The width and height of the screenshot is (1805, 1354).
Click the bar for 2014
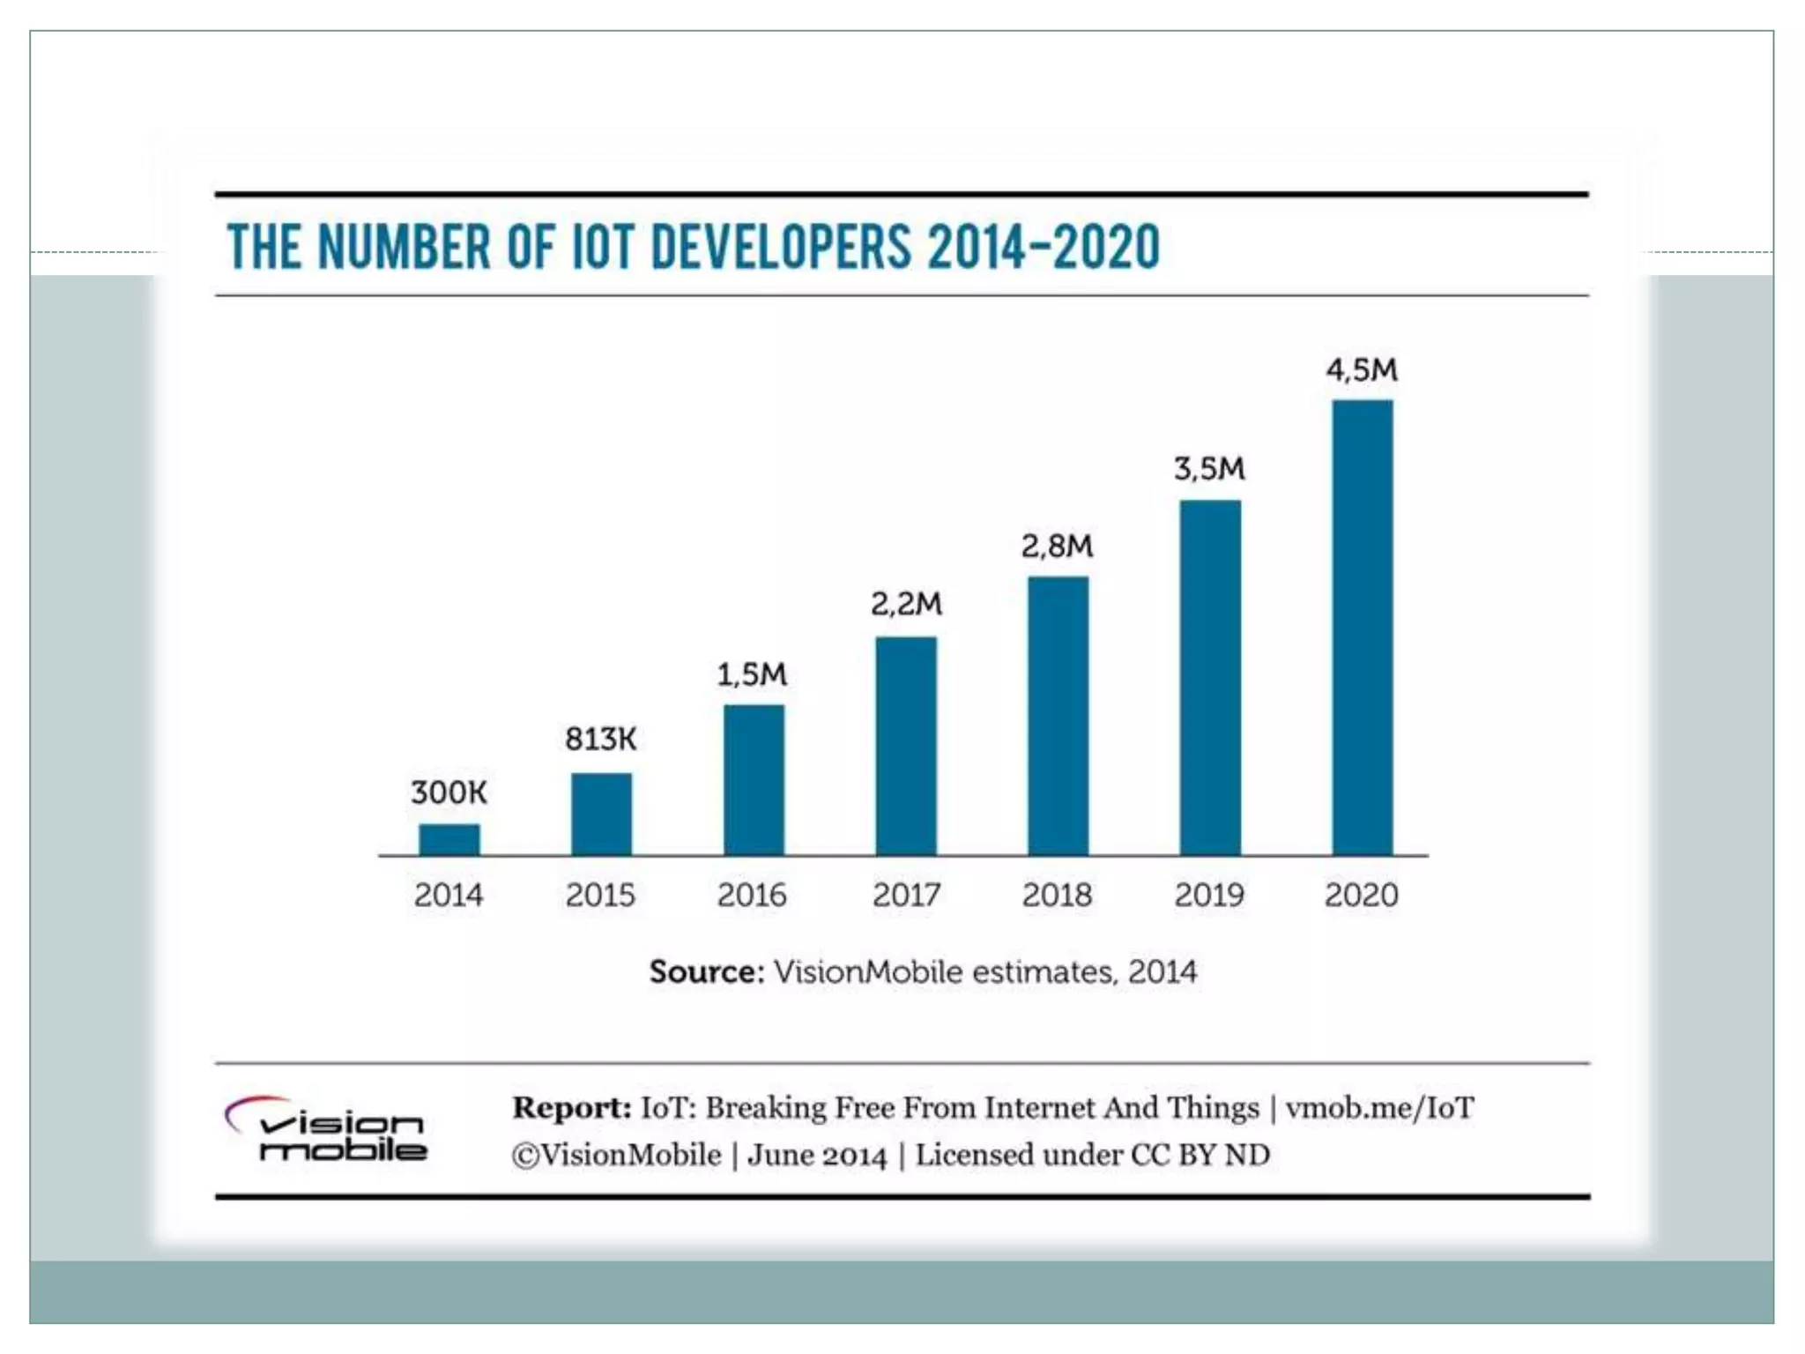click(x=449, y=839)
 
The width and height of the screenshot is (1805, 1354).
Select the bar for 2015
click(x=601, y=814)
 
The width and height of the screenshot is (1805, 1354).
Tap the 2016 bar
click(x=754, y=779)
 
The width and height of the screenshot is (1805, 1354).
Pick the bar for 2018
click(x=1058, y=715)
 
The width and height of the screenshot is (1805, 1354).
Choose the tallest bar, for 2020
click(x=1362, y=627)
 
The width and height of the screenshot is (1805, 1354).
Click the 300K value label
click(x=449, y=792)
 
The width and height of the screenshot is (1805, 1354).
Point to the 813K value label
click(x=600, y=739)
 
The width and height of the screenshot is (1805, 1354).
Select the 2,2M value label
click(x=906, y=604)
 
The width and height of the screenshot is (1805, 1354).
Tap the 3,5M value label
click(x=1209, y=469)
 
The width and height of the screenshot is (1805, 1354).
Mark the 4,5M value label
click(x=1362, y=370)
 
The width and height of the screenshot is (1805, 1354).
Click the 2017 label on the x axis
click(x=906, y=896)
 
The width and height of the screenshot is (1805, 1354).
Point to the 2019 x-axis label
click(x=1209, y=896)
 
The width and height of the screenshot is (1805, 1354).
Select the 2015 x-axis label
click(x=600, y=896)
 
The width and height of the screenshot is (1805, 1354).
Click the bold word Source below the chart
click(x=706, y=972)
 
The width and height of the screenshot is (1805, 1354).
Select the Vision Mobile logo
click(x=326, y=1129)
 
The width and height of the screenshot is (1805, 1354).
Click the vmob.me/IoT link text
click(x=1379, y=1108)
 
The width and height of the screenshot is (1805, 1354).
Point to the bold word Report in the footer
click(x=571, y=1108)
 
